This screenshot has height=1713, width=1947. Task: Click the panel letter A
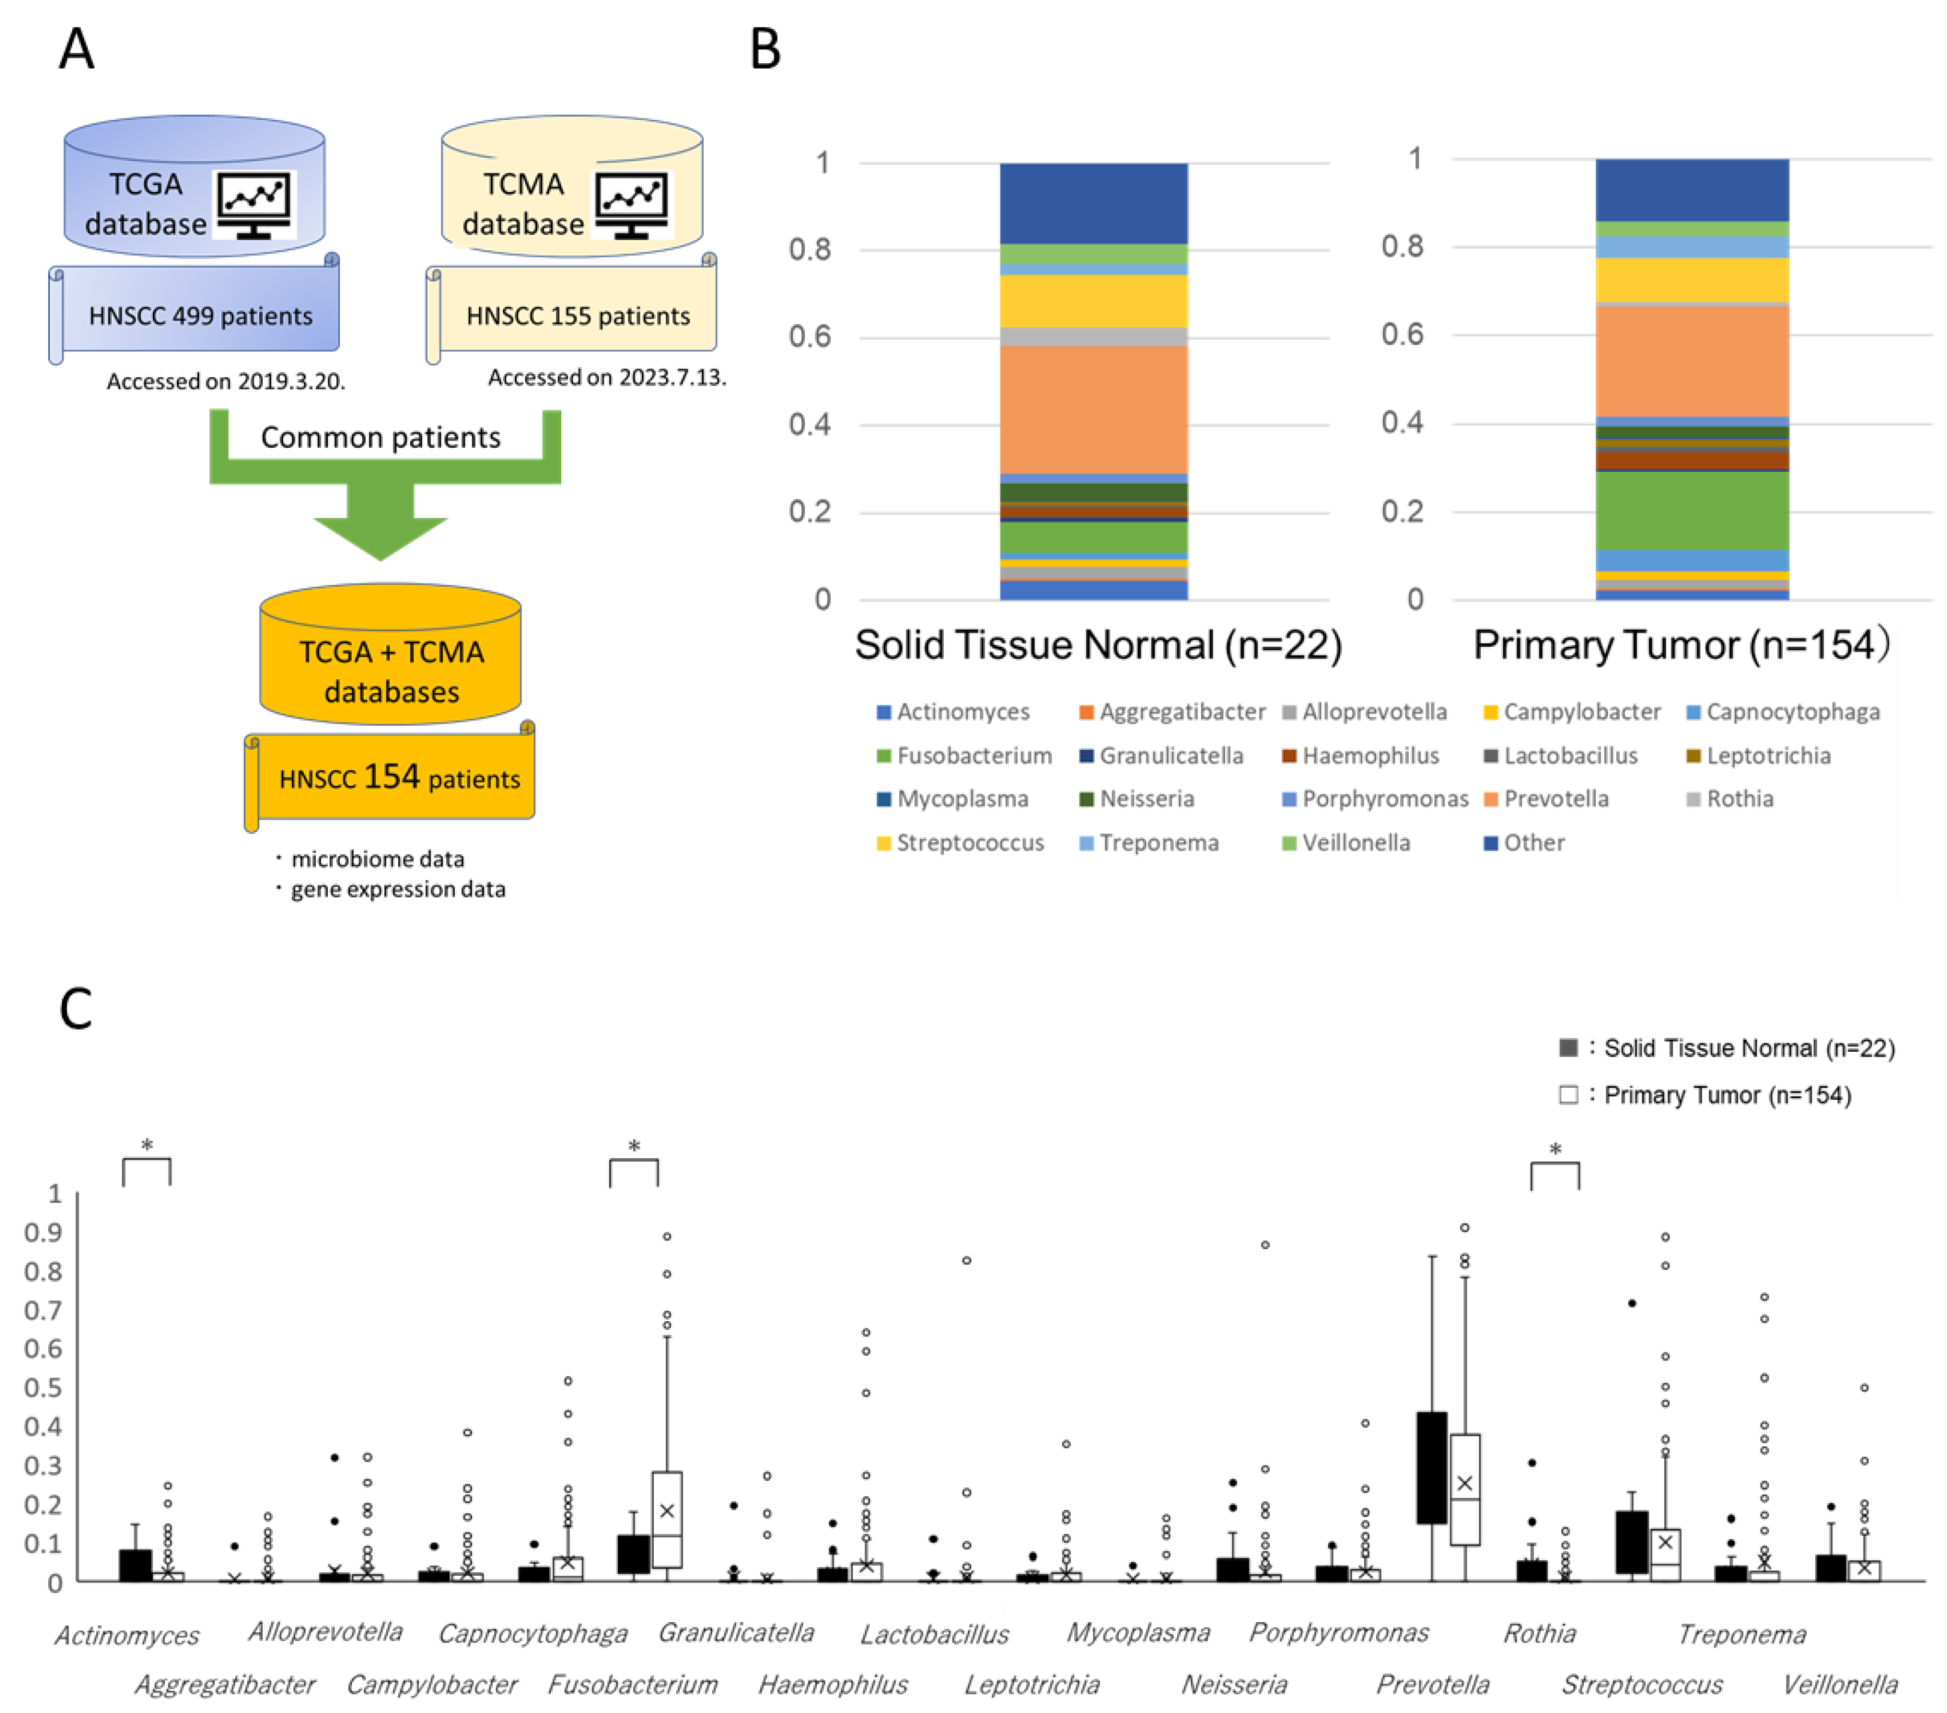point(76,49)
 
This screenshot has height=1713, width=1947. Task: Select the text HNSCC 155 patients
point(577,316)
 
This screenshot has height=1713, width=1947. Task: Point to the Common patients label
point(380,437)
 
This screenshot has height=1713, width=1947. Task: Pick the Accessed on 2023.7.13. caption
point(607,377)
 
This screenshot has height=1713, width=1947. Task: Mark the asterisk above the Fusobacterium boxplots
point(633,1147)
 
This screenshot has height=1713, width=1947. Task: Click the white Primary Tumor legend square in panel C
point(1568,1094)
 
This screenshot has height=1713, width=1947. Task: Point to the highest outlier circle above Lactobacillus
point(966,1261)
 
